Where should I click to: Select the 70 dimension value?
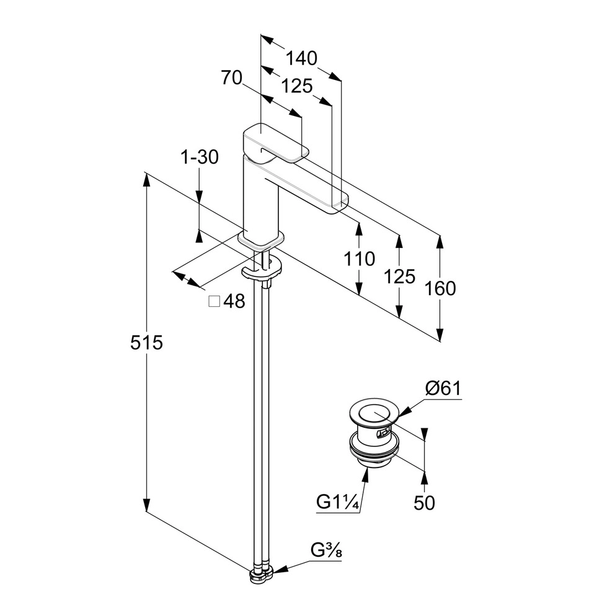coord(231,78)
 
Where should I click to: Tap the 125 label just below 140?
coord(296,86)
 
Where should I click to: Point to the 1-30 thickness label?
coord(200,157)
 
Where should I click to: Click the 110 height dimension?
coord(360,259)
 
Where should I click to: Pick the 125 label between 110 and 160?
coord(400,277)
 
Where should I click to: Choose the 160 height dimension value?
coord(440,288)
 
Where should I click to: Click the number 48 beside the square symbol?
coord(234,302)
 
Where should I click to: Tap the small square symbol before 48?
coord(215,302)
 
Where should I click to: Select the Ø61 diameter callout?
coord(443,389)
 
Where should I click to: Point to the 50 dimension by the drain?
coord(425,503)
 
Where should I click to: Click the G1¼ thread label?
coord(337,502)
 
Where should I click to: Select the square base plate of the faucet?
coord(261,238)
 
